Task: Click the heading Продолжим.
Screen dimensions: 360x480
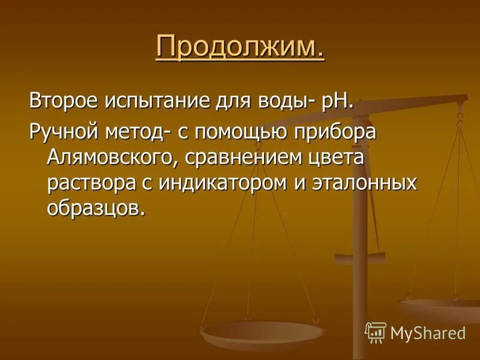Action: (x=240, y=47)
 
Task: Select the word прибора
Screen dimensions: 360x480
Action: (x=341, y=133)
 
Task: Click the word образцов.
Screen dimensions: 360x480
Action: (x=96, y=208)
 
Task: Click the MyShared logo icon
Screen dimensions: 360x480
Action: (x=375, y=332)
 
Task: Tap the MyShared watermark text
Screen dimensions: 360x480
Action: (x=428, y=332)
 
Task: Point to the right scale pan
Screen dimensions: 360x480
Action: (x=440, y=309)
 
